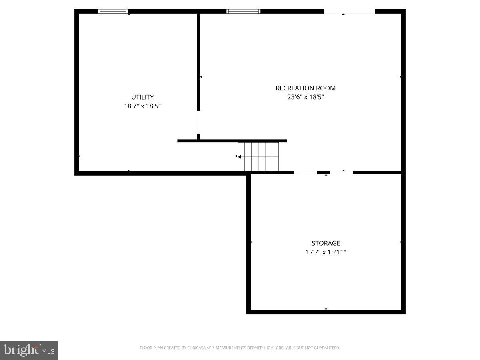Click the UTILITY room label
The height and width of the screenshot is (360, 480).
click(x=142, y=97)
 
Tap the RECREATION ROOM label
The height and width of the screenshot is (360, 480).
click(x=306, y=88)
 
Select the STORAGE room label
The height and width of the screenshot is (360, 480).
click(x=326, y=243)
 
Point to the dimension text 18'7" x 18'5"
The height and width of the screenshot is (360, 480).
click(x=142, y=106)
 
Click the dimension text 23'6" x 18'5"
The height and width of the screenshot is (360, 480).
click(x=306, y=97)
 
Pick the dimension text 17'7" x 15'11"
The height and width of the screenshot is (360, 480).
click(x=326, y=252)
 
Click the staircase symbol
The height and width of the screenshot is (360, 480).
click(x=258, y=157)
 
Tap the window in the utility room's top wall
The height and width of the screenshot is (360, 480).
click(x=113, y=11)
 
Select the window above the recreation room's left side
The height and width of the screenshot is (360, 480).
click(x=243, y=11)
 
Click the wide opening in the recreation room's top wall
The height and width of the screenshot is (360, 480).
click(x=349, y=11)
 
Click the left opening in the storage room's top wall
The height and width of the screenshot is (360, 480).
click(x=306, y=172)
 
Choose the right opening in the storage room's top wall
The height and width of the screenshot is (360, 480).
click(x=341, y=172)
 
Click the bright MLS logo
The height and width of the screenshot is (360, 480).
click(x=29, y=350)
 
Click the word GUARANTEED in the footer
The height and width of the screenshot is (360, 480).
click(x=325, y=348)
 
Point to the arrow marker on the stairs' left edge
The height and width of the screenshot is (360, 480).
click(x=239, y=157)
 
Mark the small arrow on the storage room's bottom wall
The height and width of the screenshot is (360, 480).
click(x=326, y=309)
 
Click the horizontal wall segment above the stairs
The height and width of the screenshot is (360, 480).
click(x=232, y=141)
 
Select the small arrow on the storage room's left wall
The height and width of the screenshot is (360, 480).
click(x=251, y=242)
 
